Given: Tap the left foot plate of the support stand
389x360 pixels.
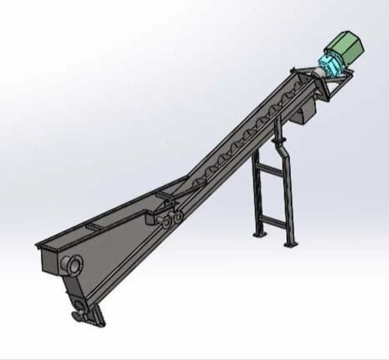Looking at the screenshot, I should click(x=260, y=234).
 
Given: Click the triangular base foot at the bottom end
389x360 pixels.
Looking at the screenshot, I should click(x=89, y=315).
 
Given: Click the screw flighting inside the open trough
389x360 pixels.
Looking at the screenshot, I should click(x=233, y=144).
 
